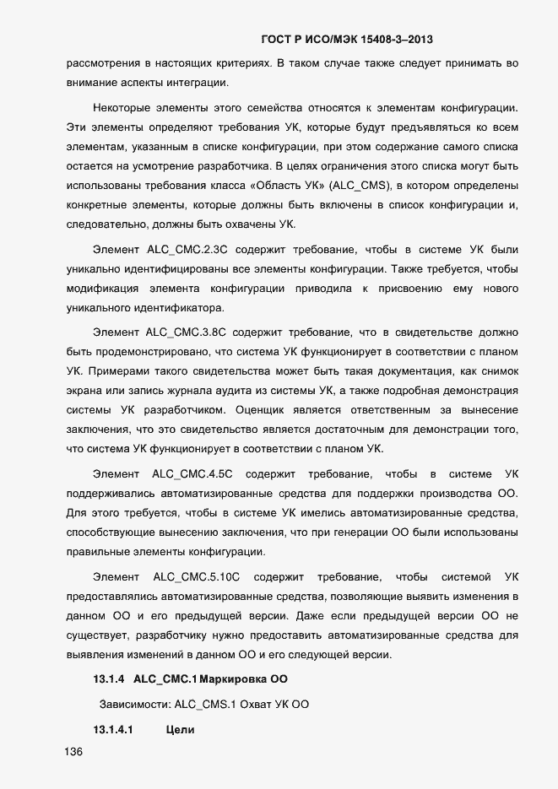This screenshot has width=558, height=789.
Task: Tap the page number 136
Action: [x=74, y=753]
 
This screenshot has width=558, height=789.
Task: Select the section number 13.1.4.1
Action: [x=113, y=729]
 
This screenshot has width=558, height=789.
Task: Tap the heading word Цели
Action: [x=181, y=729]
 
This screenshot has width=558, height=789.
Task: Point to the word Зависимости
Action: [x=135, y=703]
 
